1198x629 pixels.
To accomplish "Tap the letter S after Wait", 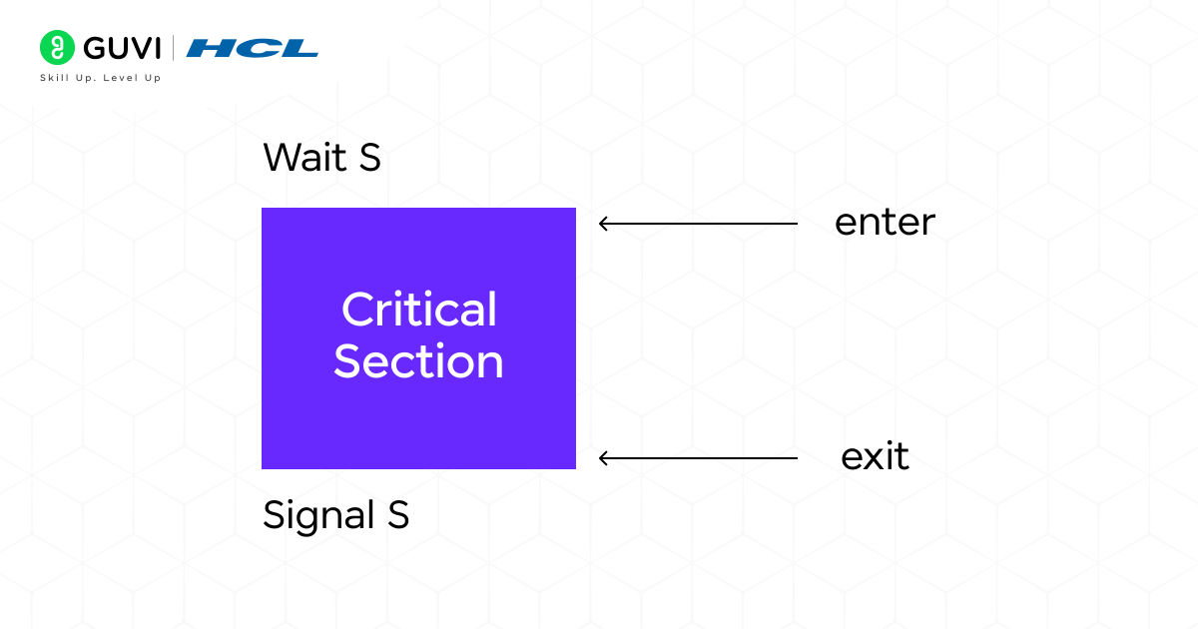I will pyautogui.click(x=369, y=158).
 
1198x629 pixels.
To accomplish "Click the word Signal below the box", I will pyautogui.click(x=314, y=516).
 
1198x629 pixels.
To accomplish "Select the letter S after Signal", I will pyautogui.click(x=397, y=515).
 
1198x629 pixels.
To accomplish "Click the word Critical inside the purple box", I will pyautogui.click(x=418, y=310).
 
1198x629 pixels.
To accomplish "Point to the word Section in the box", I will pyautogui.click(x=418, y=360).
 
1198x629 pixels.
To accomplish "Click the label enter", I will pyautogui.click(x=885, y=223).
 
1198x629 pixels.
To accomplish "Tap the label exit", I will pyautogui.click(x=875, y=457).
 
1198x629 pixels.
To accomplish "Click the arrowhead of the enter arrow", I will pyautogui.click(x=603, y=224).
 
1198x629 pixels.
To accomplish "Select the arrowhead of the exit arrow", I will pyautogui.click(x=603, y=458).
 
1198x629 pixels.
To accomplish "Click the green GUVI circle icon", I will pyautogui.click(x=58, y=47).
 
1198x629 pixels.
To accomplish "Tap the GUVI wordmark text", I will pyautogui.click(x=121, y=48).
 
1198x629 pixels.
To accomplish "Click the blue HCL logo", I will pyautogui.click(x=253, y=48).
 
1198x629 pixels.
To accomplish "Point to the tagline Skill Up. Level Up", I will pyautogui.click(x=100, y=78).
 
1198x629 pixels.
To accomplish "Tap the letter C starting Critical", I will pyautogui.click(x=356, y=310).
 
